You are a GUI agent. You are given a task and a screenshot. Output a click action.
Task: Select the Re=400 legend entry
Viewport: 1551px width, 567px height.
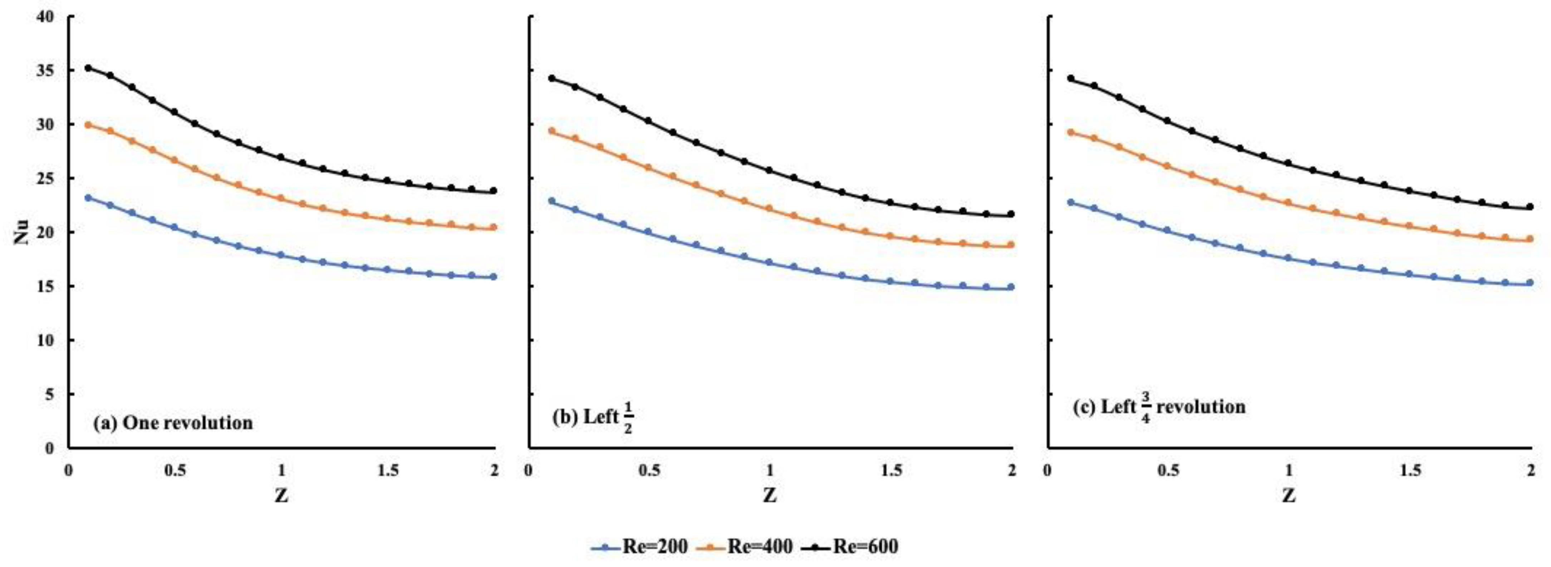[x=744, y=547]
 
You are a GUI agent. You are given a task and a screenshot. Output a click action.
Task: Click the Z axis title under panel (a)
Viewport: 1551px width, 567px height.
[x=281, y=495]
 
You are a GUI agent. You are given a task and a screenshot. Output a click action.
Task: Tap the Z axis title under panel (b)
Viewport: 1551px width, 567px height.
[x=770, y=495]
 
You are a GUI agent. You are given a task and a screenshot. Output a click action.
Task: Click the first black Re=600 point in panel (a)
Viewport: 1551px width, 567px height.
[x=88, y=68]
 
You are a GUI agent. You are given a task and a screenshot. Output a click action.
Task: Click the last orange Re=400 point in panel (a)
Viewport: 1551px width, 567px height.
[x=494, y=227]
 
